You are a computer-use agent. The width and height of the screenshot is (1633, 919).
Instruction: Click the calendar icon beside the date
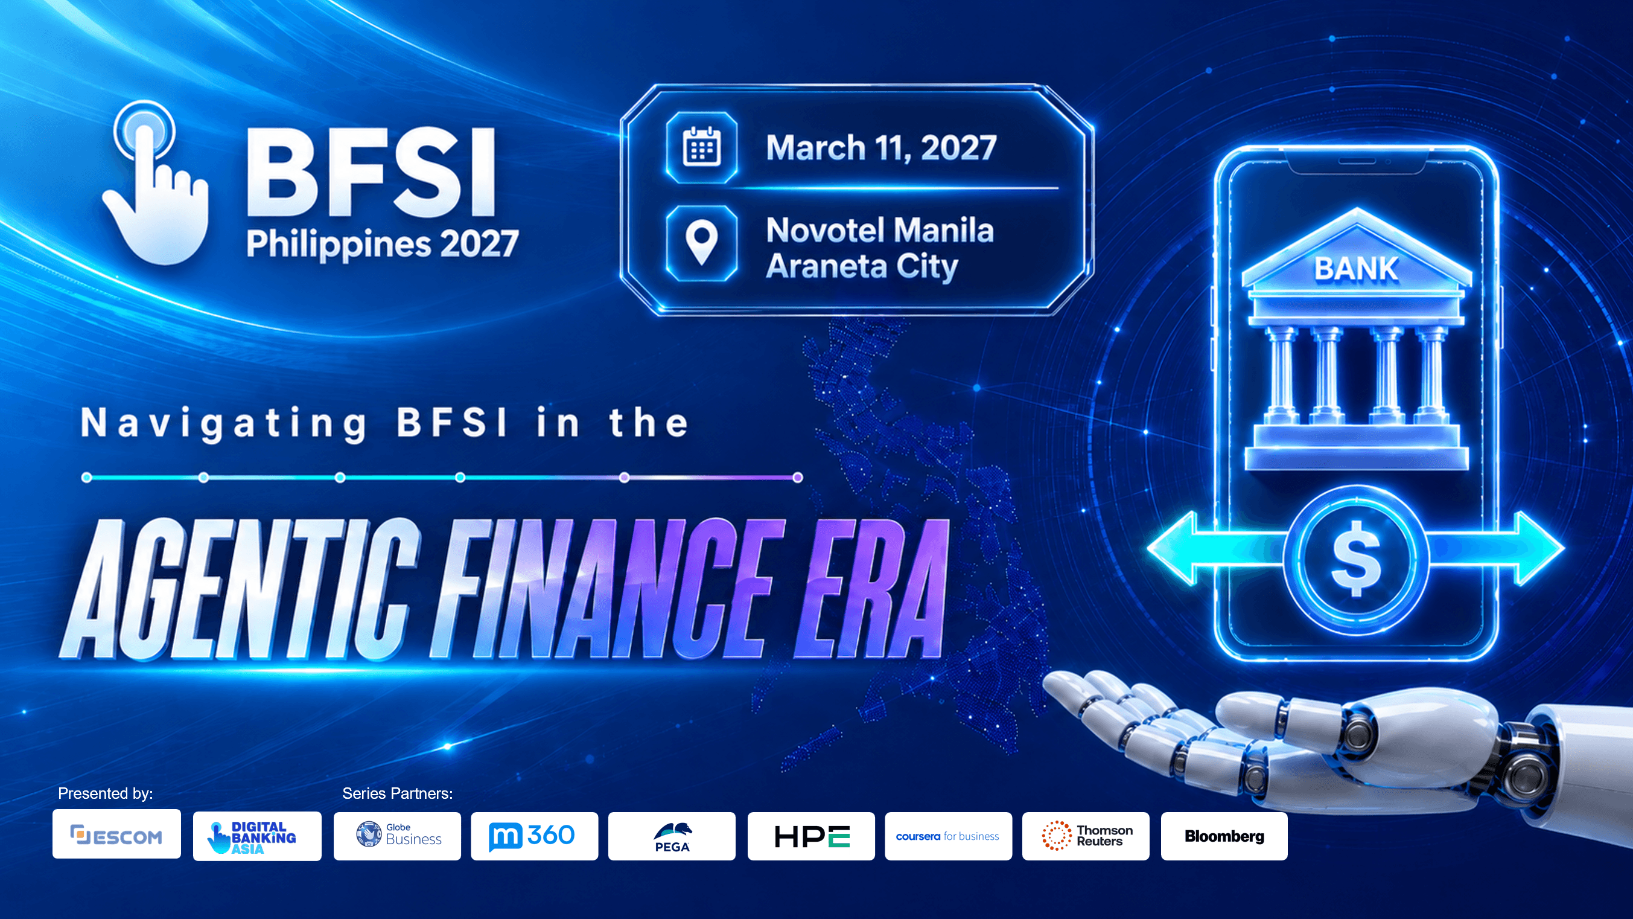[x=702, y=148]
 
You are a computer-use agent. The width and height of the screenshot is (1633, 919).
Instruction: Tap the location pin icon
[x=702, y=243]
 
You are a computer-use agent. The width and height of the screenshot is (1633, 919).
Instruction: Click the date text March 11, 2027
[x=881, y=149]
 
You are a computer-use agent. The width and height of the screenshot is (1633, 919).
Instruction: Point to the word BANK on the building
[x=1356, y=268]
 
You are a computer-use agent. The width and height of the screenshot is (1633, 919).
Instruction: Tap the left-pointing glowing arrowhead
[x=1173, y=549]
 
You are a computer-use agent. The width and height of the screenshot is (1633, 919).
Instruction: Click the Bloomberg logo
[x=1224, y=836]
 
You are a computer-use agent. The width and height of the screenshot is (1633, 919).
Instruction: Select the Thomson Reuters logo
[x=1086, y=836]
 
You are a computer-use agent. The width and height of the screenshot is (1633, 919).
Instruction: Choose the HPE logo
[x=812, y=836]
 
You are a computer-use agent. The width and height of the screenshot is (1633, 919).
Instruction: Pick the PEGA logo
[x=672, y=836]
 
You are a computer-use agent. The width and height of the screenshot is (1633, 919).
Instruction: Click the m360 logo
[x=535, y=836]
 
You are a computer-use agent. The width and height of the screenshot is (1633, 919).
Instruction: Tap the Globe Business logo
[x=398, y=836]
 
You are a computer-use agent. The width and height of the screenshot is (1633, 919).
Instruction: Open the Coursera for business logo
[x=948, y=836]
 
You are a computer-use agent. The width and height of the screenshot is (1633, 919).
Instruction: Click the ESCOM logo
[x=116, y=834]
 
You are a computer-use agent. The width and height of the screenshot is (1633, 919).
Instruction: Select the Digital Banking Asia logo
[x=257, y=836]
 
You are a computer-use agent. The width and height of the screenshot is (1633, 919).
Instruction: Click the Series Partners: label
[x=398, y=793]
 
